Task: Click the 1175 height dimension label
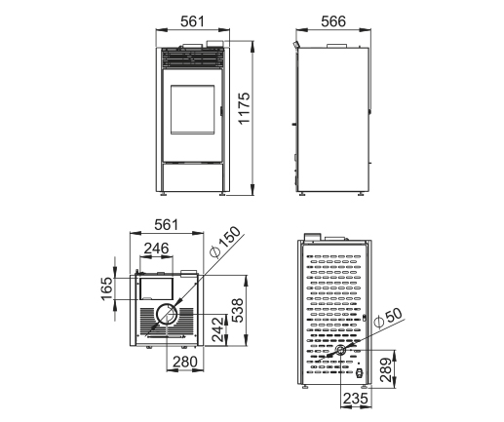pos(244,108)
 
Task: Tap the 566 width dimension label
pos(333,21)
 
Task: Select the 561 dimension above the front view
pos(193,21)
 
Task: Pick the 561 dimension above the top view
pos(167,225)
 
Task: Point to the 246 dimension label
pos(157,249)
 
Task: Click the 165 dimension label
pos(107,288)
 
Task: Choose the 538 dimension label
pos(238,310)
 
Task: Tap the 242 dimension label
pos(218,329)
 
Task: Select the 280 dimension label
pos(185,362)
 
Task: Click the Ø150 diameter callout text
pos(225,242)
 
